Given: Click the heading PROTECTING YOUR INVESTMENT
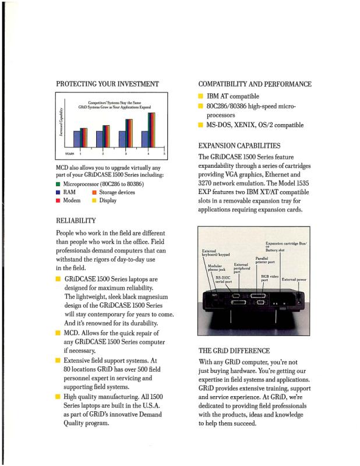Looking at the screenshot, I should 107,84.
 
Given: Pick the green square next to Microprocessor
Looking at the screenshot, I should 58,184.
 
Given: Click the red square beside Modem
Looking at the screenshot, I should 58,200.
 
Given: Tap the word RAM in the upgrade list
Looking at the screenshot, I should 69,192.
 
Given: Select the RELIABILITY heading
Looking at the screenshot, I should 76,221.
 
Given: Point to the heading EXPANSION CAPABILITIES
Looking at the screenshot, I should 239,146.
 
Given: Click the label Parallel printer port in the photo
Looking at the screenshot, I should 265,260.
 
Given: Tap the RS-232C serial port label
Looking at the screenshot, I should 224,280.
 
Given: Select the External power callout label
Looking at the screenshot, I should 294,280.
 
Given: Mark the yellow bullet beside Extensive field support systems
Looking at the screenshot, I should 58,361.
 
